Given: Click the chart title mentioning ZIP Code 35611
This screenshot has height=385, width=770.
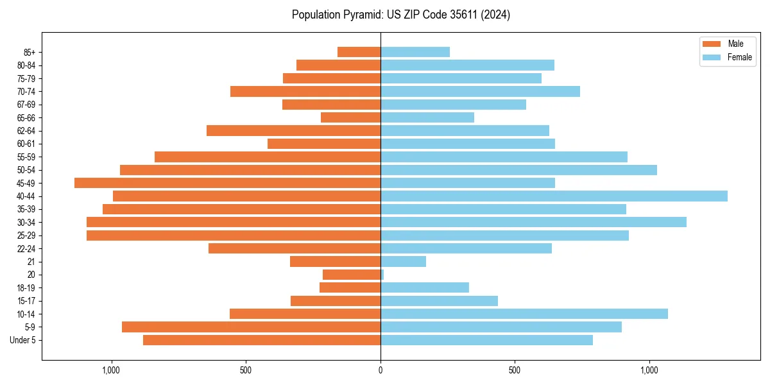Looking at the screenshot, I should point(400,15).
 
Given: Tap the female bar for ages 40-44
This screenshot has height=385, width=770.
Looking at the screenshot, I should point(554,196).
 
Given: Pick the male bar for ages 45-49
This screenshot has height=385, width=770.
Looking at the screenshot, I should point(227,183).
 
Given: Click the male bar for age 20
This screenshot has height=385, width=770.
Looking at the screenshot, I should point(352,275).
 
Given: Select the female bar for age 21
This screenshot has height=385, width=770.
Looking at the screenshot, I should point(403,261).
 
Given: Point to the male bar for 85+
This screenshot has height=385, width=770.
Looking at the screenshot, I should point(359,52).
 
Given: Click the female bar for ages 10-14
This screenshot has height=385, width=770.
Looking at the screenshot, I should point(524,314).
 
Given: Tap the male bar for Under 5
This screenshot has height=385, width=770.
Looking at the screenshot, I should point(262,340).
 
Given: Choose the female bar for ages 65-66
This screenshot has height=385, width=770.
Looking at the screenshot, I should point(427,117).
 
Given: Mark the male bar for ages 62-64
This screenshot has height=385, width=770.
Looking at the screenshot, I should point(293,130).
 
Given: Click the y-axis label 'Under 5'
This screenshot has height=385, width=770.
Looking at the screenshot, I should point(22,340).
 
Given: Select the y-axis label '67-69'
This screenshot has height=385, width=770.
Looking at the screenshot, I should point(26,105).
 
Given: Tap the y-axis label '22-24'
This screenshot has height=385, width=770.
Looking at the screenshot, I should point(26,248).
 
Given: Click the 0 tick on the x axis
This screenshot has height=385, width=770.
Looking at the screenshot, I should point(381,370).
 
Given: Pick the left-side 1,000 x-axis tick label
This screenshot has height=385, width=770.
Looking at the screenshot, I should point(112,370).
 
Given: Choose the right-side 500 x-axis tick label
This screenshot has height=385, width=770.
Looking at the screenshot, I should point(515,370).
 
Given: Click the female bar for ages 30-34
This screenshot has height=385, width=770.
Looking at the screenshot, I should point(533,222).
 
